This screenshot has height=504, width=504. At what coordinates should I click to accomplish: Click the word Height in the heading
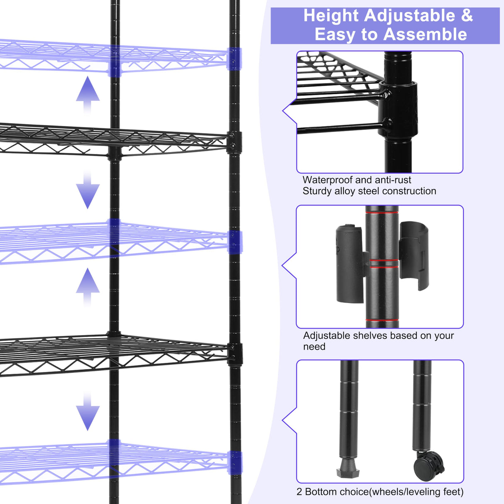pyautogui.click(x=331, y=16)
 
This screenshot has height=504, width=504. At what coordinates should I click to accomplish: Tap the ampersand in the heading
pyautogui.click(x=467, y=16)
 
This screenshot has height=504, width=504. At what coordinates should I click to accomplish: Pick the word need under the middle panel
pyautogui.click(x=314, y=347)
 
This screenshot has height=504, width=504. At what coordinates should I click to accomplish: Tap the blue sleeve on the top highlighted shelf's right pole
pyautogui.click(x=235, y=59)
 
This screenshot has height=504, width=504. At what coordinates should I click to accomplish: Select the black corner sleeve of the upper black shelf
pyautogui.click(x=235, y=142)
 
